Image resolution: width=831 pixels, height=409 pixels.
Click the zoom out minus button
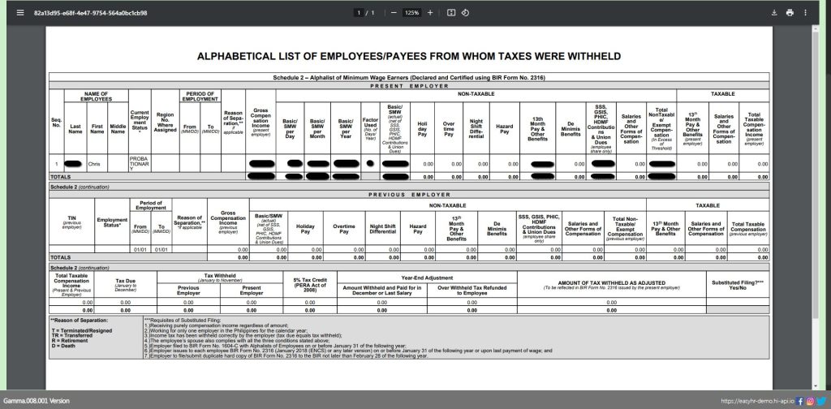[x=394, y=13]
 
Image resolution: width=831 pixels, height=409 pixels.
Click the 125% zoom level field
[x=411, y=13]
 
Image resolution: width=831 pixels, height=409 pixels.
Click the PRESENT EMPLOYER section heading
[x=410, y=84]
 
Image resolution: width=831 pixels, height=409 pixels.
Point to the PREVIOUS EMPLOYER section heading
[x=410, y=195]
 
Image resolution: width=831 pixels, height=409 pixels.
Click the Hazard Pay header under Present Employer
[x=504, y=128]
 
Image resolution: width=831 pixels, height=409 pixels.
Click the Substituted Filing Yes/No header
[x=738, y=284]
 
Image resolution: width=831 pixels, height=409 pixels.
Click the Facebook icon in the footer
[x=800, y=401]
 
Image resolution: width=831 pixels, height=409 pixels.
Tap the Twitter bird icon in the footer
[x=821, y=401]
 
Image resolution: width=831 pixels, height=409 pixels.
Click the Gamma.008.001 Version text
[x=37, y=401]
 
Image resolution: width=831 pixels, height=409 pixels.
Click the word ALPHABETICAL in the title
[x=243, y=57]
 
